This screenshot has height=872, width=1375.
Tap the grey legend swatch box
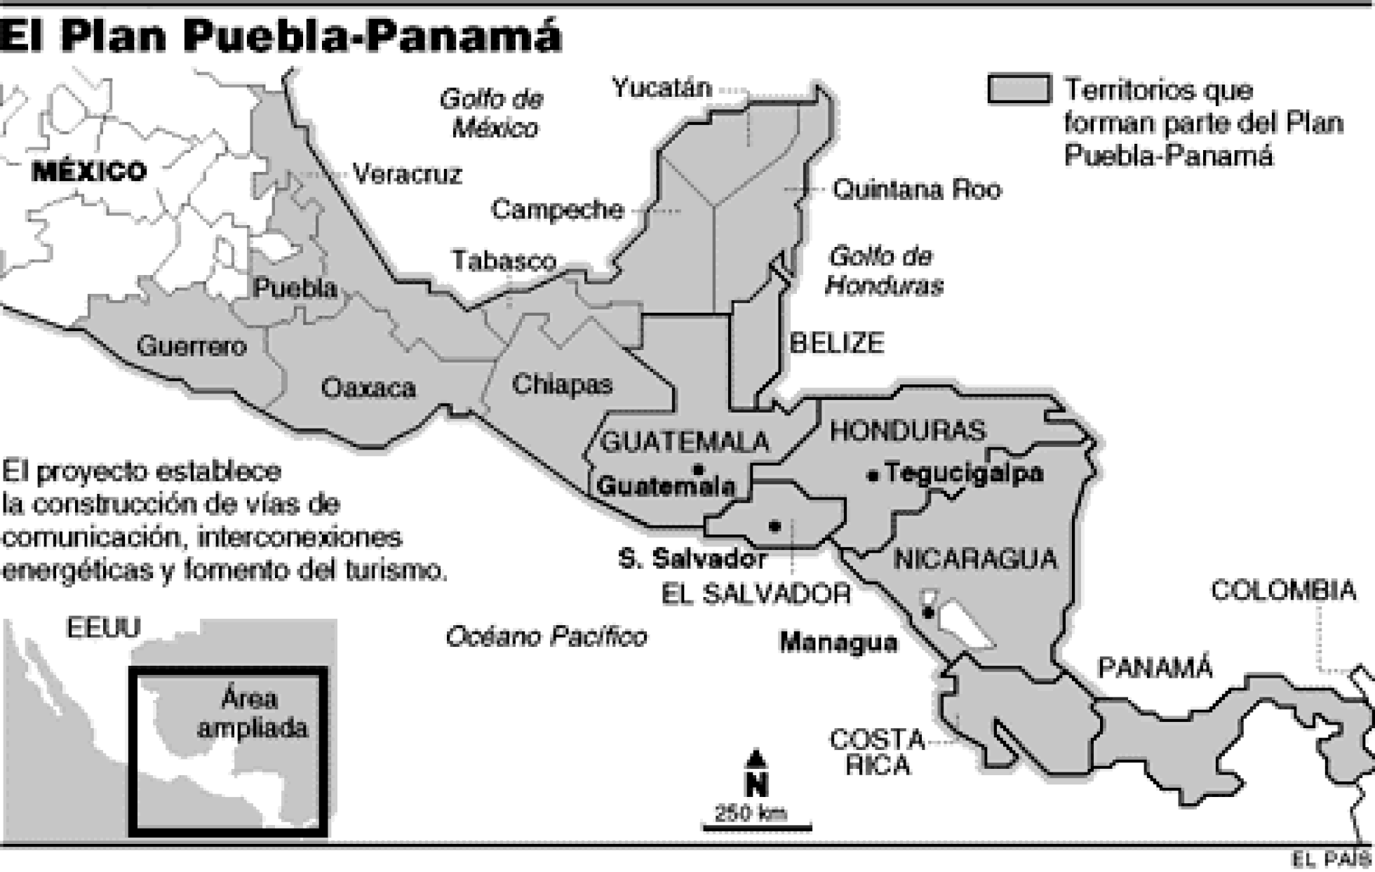click(1019, 89)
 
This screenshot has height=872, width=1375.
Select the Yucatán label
click(662, 88)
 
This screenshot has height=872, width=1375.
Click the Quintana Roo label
click(917, 190)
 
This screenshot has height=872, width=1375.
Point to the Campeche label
click(557, 210)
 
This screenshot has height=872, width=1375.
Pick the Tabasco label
click(504, 261)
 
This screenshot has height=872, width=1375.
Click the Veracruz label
click(407, 174)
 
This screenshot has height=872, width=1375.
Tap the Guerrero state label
click(191, 347)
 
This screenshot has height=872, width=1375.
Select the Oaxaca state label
click(368, 388)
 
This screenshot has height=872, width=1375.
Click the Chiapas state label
click(562, 384)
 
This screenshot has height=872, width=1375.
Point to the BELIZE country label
click(836, 343)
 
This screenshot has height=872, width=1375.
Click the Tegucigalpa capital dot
click(873, 476)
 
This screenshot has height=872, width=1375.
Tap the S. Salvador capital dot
click(774, 526)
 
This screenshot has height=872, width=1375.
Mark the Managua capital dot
click(927, 614)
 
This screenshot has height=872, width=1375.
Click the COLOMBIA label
click(1283, 591)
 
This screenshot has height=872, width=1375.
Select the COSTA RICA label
click(877, 752)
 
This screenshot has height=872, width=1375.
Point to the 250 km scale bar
click(757, 827)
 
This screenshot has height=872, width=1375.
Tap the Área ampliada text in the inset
click(252, 713)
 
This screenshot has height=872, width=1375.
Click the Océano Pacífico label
click(546, 637)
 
